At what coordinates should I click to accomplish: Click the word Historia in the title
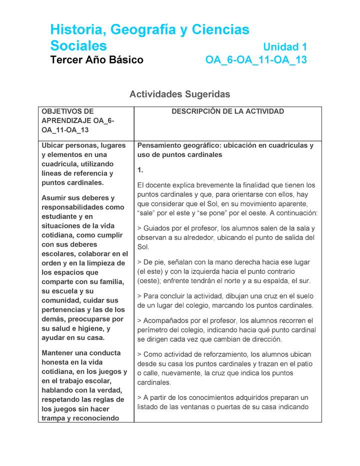click(x=76, y=30)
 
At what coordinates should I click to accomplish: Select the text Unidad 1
click(x=284, y=47)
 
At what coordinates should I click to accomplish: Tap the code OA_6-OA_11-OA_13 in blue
click(x=256, y=60)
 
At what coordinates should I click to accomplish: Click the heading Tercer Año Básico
click(x=96, y=60)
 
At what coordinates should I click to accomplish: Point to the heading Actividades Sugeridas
click(x=179, y=94)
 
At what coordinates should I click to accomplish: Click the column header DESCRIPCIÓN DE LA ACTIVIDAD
click(x=227, y=111)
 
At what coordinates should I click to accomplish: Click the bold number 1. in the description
click(x=140, y=170)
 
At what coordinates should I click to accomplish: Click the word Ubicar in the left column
click(x=53, y=145)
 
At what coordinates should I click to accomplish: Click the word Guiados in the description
click(x=158, y=228)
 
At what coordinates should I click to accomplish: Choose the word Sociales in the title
click(x=78, y=46)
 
